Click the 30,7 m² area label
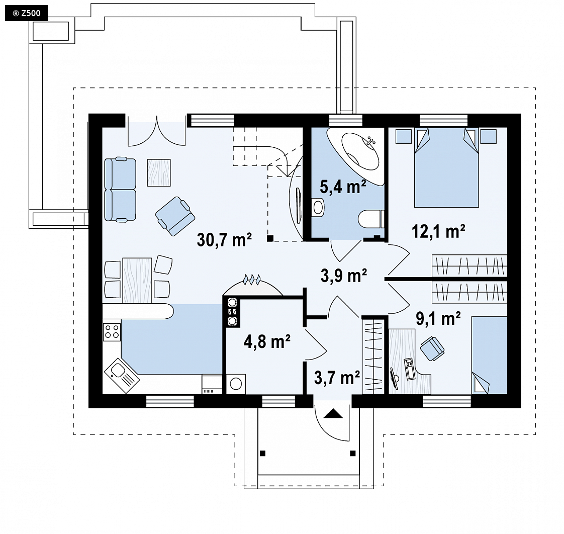tap(224, 239)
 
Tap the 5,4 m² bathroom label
tap(343, 187)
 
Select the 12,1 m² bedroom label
tap(438, 231)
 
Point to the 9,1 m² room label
tap(438, 318)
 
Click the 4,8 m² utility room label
tap(267, 341)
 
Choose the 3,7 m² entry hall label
tap(337, 378)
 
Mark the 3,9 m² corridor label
tap(343, 276)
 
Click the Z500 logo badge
tap(26, 13)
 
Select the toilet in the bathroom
tap(371, 219)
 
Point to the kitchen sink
tap(122, 375)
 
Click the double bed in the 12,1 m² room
tap(446, 167)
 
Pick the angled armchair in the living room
tap(175, 216)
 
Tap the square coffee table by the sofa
tap(159, 173)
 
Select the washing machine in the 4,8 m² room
tap(236, 384)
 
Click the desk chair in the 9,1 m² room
tap(432, 348)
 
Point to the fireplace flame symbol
tap(252, 279)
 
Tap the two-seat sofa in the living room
tap(120, 189)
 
